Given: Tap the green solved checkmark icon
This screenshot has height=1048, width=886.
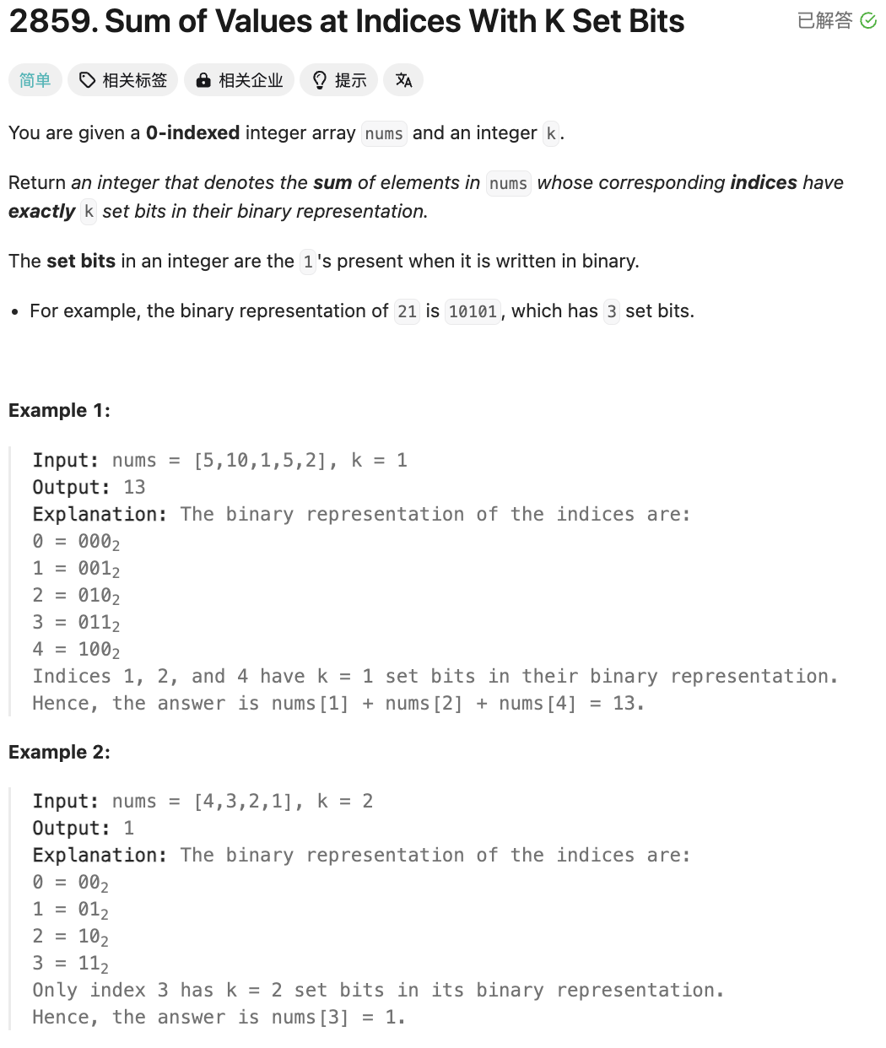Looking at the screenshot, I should [868, 21].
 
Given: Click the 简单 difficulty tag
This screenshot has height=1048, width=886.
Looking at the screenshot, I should [35, 80].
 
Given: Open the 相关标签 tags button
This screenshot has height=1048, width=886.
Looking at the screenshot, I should [123, 80].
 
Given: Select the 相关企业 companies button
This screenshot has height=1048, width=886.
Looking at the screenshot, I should [240, 80].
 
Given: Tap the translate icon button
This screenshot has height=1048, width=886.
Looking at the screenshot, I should [403, 80].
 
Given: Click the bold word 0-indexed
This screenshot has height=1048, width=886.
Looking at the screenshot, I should [192, 133].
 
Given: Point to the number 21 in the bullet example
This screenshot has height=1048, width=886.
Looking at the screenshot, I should [407, 311].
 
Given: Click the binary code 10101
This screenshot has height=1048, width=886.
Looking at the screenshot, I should [473, 311].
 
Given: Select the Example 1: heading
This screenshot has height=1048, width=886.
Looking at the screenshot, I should [59, 411].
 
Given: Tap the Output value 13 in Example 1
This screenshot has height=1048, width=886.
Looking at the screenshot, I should [134, 488].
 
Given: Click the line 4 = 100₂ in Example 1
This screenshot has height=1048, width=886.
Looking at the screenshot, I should [76, 650].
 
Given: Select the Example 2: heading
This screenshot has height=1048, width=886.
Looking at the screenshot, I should [59, 753].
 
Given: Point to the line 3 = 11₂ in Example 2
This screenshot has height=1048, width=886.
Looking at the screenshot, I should [70, 964].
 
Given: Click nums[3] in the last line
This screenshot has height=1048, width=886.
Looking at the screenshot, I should [310, 1018].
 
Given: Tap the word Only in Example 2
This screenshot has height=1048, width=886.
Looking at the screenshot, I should [54, 991].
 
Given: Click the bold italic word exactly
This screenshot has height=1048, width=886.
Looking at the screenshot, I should [41, 212].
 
